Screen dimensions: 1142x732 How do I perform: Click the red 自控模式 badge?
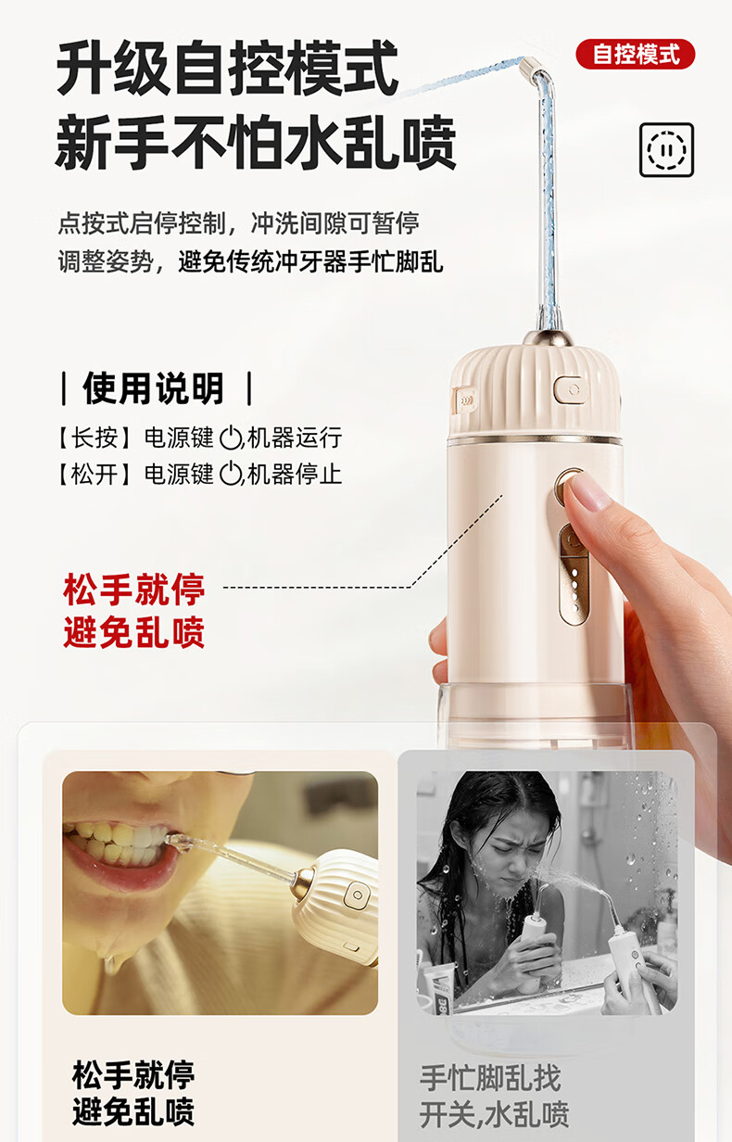(x=635, y=54)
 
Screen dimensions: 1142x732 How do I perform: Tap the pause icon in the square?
(x=666, y=149)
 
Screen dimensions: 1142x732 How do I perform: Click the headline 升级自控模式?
(x=228, y=69)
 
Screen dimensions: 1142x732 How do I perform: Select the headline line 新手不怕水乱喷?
(x=256, y=144)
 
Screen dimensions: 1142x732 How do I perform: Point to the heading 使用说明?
(x=154, y=387)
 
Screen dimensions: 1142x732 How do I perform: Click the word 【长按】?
(x=94, y=438)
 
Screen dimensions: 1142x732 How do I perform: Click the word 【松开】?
(x=94, y=475)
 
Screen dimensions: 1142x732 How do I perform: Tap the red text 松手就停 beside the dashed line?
(x=134, y=589)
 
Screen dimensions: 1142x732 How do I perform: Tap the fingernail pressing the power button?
(x=588, y=491)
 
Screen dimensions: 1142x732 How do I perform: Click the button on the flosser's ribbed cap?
(x=567, y=387)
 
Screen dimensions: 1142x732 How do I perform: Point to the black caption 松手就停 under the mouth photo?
(x=133, y=1075)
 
